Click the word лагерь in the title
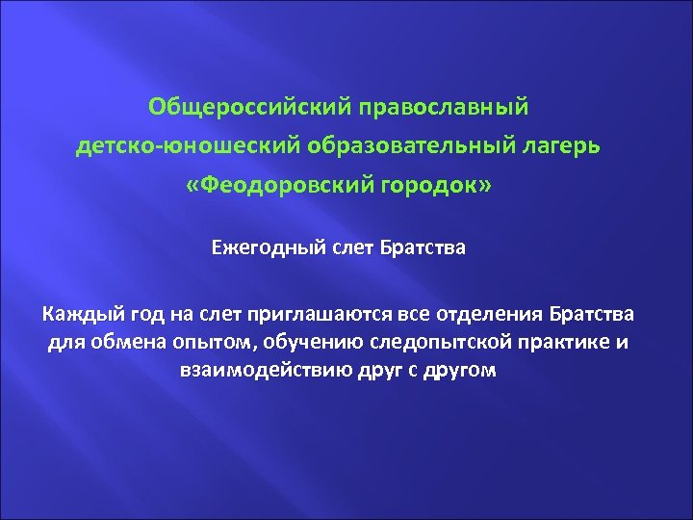[x=568, y=144]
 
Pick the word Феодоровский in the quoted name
[x=300, y=185]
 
